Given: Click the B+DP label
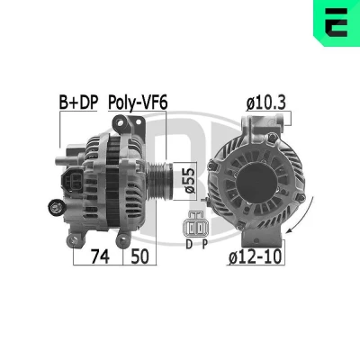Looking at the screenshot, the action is tap(78, 103).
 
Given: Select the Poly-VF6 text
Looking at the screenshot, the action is tap(138, 103).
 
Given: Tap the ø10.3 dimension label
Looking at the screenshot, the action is tap(266, 103).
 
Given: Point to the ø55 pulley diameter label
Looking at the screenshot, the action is tap(190, 181).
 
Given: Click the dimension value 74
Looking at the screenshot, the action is tap(100, 256).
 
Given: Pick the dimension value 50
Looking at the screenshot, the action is tap(139, 256).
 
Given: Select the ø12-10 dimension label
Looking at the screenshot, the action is tap(256, 256).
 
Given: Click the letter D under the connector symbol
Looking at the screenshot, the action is tap(189, 245).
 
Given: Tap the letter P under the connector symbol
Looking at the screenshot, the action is tap(204, 245).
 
